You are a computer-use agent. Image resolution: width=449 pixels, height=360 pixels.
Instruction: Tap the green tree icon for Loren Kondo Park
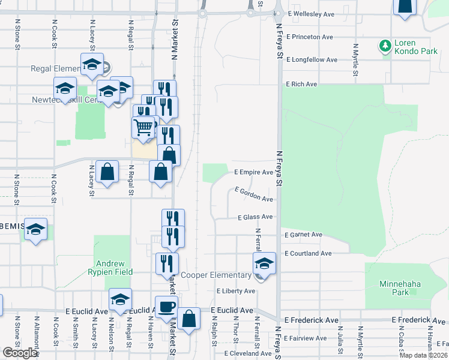(x=385, y=46)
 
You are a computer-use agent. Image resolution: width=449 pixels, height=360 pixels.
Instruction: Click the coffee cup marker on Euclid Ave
(x=166, y=307)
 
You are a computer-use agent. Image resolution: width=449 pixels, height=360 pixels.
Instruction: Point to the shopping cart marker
(x=143, y=127)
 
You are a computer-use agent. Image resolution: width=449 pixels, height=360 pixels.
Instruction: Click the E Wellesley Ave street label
(x=311, y=13)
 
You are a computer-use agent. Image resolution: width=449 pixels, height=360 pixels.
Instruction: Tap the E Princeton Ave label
(x=310, y=37)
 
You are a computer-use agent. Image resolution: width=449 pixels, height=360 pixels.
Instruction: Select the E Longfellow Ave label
(x=312, y=60)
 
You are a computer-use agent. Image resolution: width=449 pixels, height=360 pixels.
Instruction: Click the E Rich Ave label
(x=301, y=84)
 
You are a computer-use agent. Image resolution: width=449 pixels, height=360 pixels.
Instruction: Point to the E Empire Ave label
(x=253, y=172)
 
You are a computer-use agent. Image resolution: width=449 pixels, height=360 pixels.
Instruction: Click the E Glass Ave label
(x=255, y=217)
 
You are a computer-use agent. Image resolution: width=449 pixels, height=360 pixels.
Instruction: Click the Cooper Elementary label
(x=217, y=275)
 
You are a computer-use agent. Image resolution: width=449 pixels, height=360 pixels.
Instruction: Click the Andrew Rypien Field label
(x=110, y=268)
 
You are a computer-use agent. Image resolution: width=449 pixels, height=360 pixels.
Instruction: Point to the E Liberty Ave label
(x=236, y=291)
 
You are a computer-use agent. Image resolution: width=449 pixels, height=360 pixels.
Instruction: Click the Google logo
(x=20, y=353)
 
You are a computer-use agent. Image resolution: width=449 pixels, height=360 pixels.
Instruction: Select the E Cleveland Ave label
(x=248, y=353)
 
